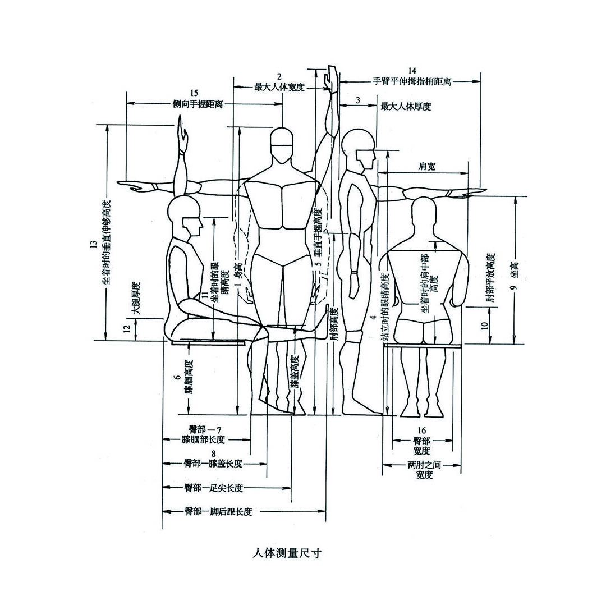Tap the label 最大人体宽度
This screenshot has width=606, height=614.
(x=279, y=87)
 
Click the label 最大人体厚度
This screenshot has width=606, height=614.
(x=405, y=106)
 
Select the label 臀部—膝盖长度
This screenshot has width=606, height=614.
(x=213, y=464)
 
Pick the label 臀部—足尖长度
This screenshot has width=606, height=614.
(x=213, y=488)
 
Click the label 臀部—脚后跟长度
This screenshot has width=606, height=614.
(x=218, y=511)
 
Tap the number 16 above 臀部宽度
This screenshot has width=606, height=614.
(x=422, y=430)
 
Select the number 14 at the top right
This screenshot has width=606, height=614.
(x=412, y=71)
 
